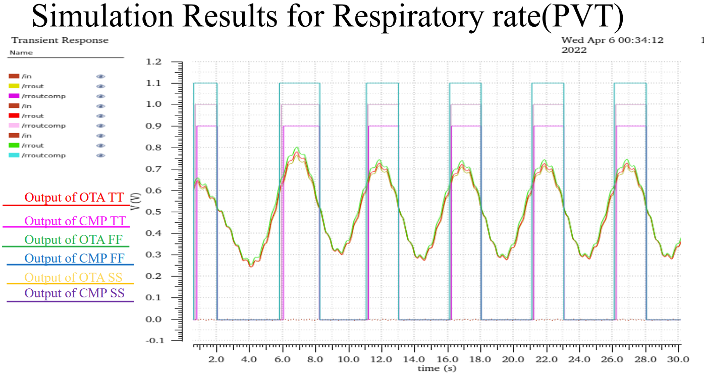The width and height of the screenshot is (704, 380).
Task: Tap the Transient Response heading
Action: point(60,40)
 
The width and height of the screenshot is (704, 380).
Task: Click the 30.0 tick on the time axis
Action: point(678,359)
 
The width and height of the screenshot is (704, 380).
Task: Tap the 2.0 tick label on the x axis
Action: point(216,359)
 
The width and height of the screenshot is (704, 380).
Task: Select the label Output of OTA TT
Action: point(74,198)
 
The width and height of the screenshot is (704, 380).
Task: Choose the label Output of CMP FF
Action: point(74,259)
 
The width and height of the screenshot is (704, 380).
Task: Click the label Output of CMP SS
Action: point(74,293)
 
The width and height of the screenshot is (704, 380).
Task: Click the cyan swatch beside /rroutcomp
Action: point(14,155)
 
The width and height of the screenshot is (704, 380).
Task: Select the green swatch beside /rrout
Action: point(14,146)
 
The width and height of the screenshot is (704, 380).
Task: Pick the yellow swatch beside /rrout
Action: point(14,86)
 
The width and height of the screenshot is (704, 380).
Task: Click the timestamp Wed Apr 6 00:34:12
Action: point(613,40)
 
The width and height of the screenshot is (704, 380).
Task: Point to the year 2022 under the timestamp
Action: point(574,50)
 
